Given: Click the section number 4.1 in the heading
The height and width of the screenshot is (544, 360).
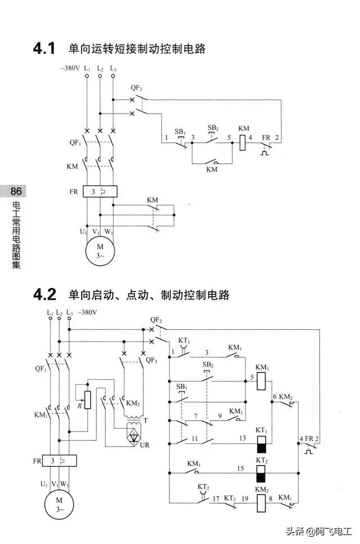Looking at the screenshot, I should point(44,49).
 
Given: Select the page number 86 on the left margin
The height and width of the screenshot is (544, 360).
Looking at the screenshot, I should point(16,192).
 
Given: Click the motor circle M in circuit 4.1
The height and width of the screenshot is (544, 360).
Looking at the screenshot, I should point(100,250).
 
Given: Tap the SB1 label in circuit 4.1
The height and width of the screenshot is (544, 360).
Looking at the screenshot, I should point(179,132).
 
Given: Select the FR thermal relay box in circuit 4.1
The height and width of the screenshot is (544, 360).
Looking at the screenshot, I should point(100,192).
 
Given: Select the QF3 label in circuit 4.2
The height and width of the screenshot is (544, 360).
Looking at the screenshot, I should point(151,360).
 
